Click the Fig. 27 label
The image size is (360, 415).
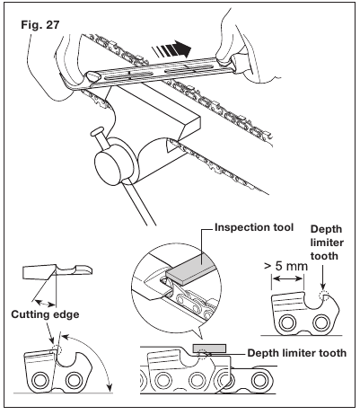tap(40, 25)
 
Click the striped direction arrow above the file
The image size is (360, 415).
tap(171, 49)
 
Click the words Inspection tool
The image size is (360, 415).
tap(254, 227)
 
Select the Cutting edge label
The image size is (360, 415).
tap(45, 314)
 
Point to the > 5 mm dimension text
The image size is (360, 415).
tap(285, 266)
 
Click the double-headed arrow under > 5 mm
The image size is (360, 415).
tap(288, 278)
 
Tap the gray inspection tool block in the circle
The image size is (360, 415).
tap(191, 269)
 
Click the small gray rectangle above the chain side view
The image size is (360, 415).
tap(209, 348)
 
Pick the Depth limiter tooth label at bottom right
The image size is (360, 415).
tap(297, 353)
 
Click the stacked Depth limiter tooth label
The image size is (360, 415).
tap(327, 243)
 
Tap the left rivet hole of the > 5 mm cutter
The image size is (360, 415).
tap(287, 322)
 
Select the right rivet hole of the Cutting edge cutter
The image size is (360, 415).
tap(73, 381)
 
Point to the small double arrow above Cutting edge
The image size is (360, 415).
tap(45, 303)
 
